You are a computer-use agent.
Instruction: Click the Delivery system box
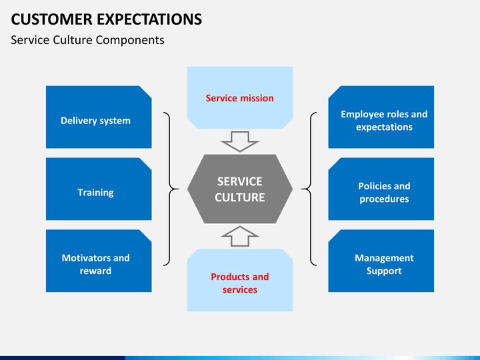coord(99,117)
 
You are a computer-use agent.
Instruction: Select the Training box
coord(99,189)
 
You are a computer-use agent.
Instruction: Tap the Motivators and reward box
coord(99,261)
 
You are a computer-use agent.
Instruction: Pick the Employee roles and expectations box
coord(381,117)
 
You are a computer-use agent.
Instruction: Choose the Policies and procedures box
coord(381,189)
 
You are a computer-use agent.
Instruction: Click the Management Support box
coord(381,261)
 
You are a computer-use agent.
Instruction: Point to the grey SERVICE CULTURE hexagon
coord(240,189)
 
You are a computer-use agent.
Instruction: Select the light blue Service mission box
coord(240,97)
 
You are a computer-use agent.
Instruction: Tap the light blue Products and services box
coord(240,280)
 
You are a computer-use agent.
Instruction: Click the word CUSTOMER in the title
coord(51,19)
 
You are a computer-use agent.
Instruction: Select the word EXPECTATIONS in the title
coord(149,19)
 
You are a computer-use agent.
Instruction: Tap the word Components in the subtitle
coord(130,41)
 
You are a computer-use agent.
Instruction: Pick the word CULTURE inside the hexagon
coord(240,197)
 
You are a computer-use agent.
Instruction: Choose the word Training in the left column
coord(95,193)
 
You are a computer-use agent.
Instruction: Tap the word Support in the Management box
coord(384,271)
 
